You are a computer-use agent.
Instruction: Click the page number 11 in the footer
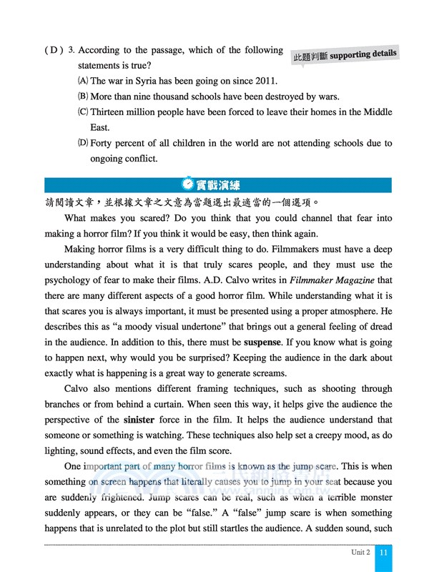tap(385, 553)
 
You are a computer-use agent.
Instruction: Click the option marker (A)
tap(82, 82)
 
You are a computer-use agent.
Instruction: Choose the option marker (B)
tap(82, 97)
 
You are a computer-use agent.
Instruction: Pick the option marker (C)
tap(82, 112)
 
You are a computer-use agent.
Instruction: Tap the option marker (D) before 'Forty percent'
tap(82, 143)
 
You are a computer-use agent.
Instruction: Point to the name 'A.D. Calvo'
tap(209, 280)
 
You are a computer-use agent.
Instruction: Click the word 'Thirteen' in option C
tap(109, 112)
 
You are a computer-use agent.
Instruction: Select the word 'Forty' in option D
tap(103, 143)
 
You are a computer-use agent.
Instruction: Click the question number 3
tap(71, 51)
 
